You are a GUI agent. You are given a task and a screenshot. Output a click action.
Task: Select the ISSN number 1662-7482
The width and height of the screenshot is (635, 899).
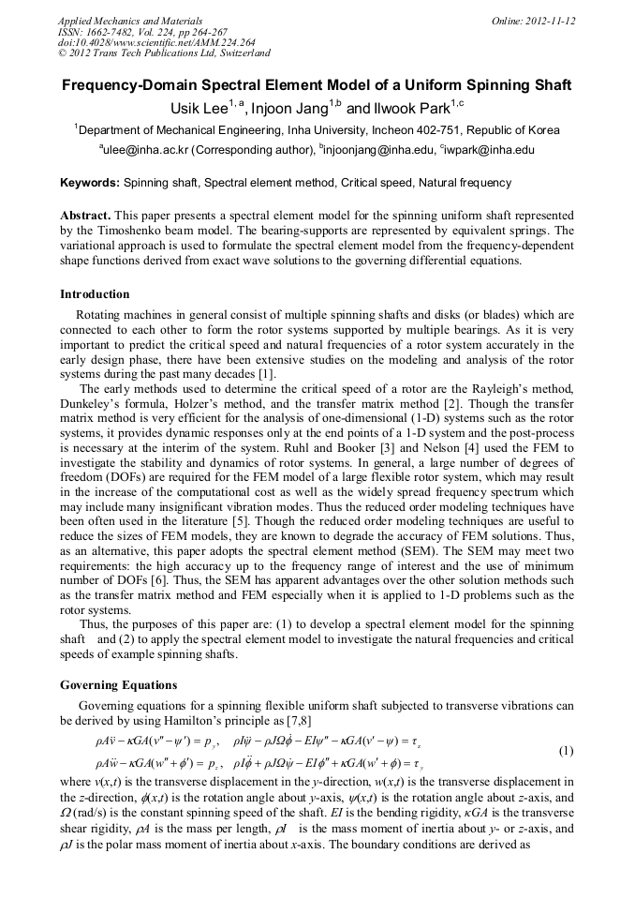(x=117, y=32)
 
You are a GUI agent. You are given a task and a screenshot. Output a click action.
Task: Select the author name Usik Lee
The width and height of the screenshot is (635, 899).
(x=199, y=109)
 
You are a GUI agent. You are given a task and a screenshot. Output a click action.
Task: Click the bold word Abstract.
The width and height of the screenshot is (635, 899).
(x=84, y=215)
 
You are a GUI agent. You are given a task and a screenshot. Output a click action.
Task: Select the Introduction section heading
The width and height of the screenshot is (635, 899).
(x=95, y=294)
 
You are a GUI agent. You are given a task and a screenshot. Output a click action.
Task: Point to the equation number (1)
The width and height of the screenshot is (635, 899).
(x=566, y=751)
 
